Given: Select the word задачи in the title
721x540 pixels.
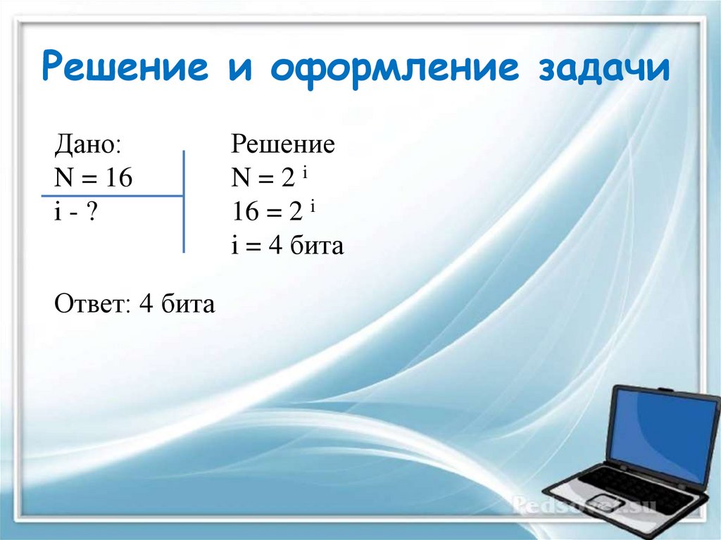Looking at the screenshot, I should tap(604, 70).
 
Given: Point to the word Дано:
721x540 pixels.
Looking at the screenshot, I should tap(88, 145).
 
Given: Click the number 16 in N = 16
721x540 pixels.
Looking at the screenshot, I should tap(119, 178).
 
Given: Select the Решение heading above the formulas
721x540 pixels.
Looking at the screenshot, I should tap(283, 145).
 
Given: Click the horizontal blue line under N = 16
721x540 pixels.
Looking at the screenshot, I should tap(113, 195).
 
